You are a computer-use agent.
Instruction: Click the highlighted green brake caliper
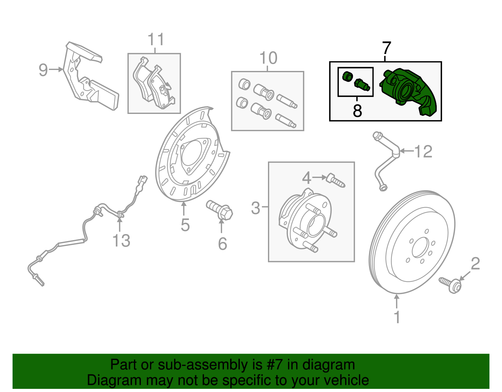point(408,91)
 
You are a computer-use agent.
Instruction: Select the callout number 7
point(387,49)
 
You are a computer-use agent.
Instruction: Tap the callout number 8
point(357,110)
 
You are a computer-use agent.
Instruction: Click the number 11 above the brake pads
point(156,40)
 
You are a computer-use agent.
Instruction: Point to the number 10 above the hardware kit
point(268,58)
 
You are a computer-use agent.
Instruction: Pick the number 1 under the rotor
point(397,317)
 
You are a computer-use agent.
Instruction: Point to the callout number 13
point(121,241)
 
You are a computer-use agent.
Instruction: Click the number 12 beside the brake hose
point(424,152)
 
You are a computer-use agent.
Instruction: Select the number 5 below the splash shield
point(185,225)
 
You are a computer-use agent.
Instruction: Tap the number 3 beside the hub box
point(256,208)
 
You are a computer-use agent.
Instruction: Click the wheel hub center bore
point(315,225)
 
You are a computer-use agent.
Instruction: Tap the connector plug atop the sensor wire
point(142,180)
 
